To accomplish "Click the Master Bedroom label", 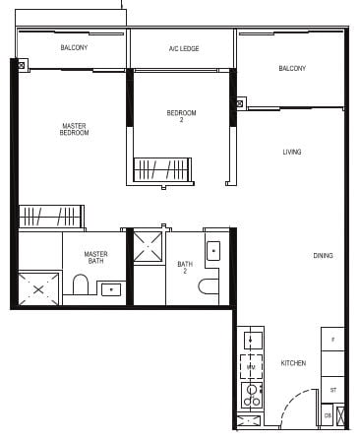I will click(x=74, y=129).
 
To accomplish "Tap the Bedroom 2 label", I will click(x=181, y=116).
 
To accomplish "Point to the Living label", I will click(x=292, y=152).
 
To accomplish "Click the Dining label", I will click(x=323, y=256).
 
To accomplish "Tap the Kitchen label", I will click(x=293, y=363).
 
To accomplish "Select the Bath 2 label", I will click(x=184, y=267).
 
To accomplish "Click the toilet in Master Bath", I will click(x=82, y=286).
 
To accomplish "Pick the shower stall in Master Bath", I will click(x=40, y=287).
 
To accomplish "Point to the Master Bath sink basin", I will click(x=111, y=289).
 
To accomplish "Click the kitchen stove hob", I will click(x=251, y=395).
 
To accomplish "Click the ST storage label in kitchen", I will click(x=333, y=390).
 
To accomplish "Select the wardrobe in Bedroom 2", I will click(x=161, y=169).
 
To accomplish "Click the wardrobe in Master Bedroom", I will click(x=51, y=216).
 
